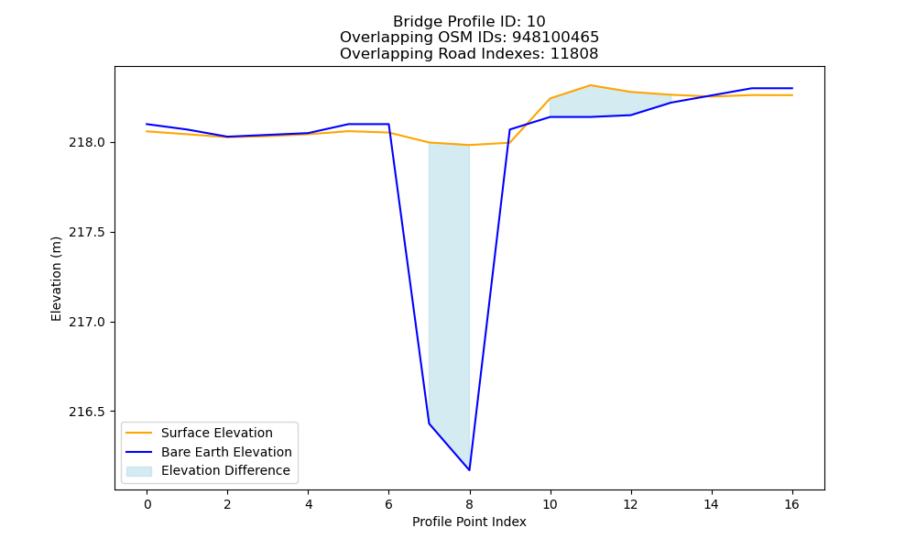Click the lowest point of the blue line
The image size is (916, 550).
pos(469,470)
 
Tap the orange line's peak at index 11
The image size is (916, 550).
pos(591,85)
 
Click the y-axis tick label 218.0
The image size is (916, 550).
pos(87,143)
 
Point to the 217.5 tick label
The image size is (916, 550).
pos(87,232)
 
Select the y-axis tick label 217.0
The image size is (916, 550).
pos(87,322)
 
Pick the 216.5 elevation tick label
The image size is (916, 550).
pos(87,412)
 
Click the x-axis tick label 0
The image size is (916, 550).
pos(147,504)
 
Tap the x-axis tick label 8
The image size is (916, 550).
pos(469,504)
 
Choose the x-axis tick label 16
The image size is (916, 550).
pos(791,504)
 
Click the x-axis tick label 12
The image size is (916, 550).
pos(630,504)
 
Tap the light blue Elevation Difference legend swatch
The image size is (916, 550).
pos(139,471)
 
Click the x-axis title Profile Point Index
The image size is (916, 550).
pos(469,522)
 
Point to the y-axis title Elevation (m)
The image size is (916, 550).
pos(56,279)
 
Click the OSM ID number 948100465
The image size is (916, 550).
pos(556,38)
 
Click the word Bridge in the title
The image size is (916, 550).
pos(417,22)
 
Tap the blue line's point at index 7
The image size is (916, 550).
pos(429,423)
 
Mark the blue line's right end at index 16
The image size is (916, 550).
pos(792,88)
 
